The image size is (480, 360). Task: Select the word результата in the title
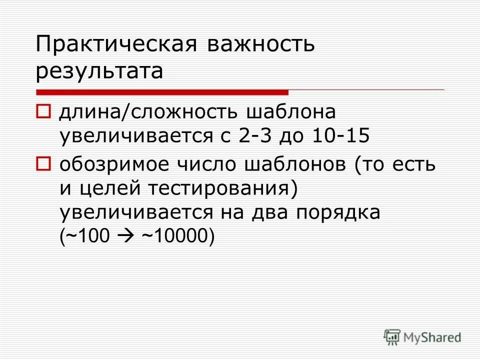[x=99, y=71]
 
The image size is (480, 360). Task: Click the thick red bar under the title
[x=162, y=92]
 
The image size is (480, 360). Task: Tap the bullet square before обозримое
[x=43, y=163]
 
